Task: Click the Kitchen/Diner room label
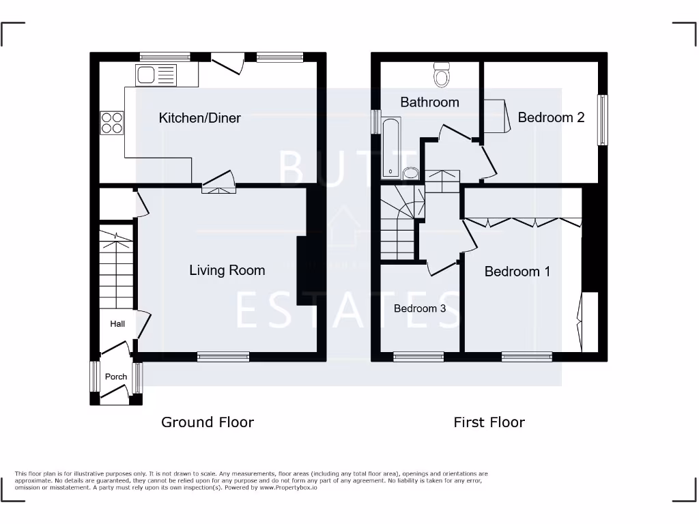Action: [x=199, y=118]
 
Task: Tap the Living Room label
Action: [x=227, y=270]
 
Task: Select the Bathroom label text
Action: [x=429, y=102]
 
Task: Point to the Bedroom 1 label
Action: [x=517, y=272]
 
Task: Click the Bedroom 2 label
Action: [x=551, y=117]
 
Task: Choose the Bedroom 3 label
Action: [x=419, y=308]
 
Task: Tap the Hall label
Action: [x=117, y=323]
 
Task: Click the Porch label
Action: [x=115, y=377]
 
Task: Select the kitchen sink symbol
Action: [x=156, y=74]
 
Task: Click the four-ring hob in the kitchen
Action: [x=112, y=123]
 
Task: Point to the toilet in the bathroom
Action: [x=442, y=74]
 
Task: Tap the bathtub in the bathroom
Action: [x=390, y=147]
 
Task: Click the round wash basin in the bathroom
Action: [x=410, y=173]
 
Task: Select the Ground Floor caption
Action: [x=207, y=422]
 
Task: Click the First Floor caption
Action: [x=489, y=422]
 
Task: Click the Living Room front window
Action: [x=223, y=356]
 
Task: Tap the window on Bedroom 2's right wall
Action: [x=602, y=120]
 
